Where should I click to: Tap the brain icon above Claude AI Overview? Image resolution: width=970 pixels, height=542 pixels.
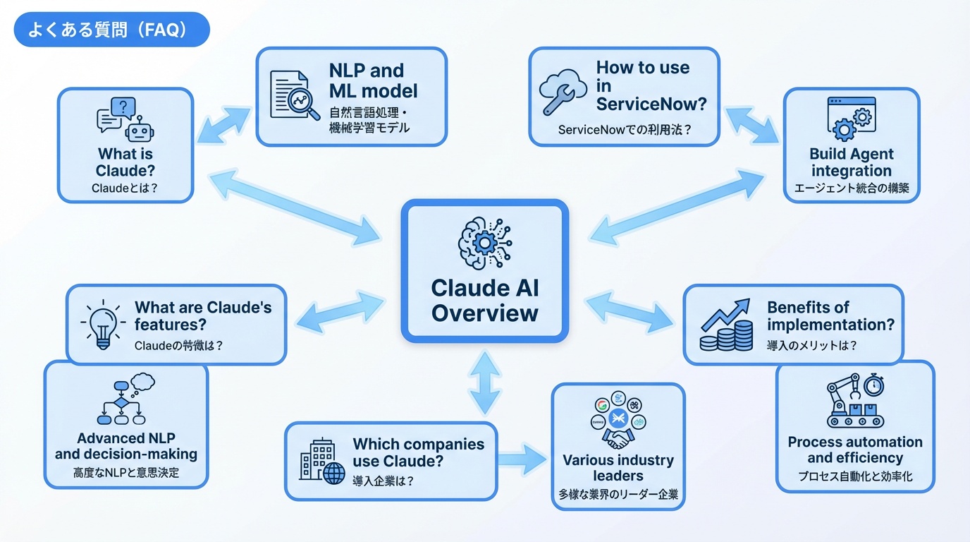click(484, 243)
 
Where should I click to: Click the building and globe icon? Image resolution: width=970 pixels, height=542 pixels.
click(318, 462)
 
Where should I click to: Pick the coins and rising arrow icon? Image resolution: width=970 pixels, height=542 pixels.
click(725, 325)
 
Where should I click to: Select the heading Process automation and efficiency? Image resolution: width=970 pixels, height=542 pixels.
click(854, 450)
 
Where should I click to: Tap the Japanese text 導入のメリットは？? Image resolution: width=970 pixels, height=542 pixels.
click(811, 346)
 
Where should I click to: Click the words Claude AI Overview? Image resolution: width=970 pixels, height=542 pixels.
click(484, 300)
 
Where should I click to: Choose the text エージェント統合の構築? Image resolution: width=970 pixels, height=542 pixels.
click(851, 188)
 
